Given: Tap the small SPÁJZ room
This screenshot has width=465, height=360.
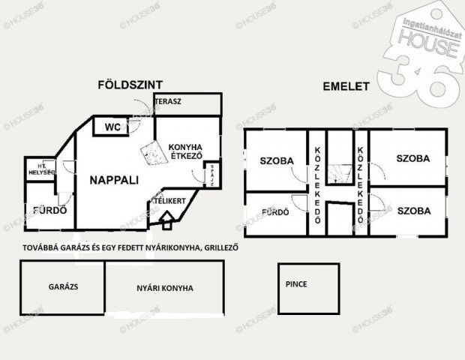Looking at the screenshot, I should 213,174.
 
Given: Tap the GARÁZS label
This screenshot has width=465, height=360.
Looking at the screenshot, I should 64,286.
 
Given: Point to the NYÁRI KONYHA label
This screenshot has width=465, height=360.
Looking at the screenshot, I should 166,287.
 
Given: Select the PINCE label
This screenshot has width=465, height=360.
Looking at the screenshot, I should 296,284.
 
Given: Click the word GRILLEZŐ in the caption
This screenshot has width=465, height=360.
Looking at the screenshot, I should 214,248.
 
